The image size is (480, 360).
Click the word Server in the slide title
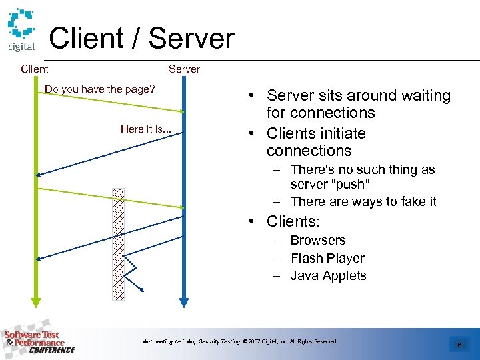coord(191,39)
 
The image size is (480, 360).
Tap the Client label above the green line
coord(35,69)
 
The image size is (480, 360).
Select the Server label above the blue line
coord(184,69)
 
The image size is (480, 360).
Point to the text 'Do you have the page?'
coord(99,89)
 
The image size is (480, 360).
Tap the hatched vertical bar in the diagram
coord(118,243)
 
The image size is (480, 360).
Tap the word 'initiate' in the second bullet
coord(342,133)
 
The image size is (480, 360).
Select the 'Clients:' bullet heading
coord(293,221)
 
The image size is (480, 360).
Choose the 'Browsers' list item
coord(318,240)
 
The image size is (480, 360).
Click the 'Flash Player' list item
coord(327,258)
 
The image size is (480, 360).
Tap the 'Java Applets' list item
coord(328,275)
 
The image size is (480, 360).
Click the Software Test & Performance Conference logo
coord(38,342)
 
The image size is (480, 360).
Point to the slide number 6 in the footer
coord(459,345)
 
